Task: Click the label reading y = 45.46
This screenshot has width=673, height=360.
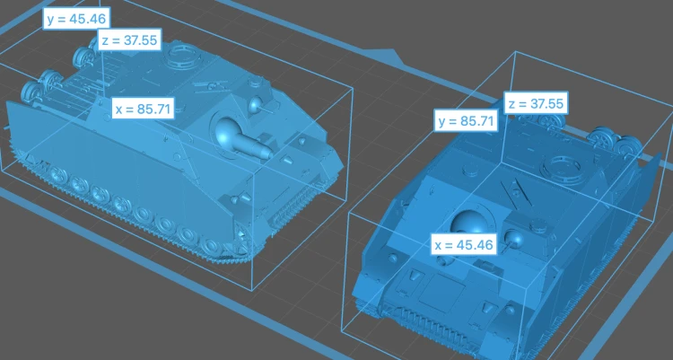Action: [x=76, y=19]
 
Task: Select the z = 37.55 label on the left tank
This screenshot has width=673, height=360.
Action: [x=130, y=40]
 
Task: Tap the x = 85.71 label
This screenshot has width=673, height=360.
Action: [x=144, y=109]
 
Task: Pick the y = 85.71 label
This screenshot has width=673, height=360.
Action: [x=466, y=120]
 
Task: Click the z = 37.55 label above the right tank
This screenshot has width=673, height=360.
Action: [x=536, y=103]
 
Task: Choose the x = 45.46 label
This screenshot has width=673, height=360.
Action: [x=464, y=245]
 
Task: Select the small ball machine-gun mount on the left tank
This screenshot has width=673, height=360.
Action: [x=256, y=104]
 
